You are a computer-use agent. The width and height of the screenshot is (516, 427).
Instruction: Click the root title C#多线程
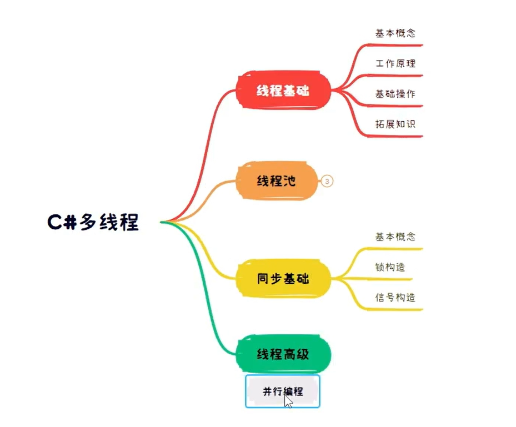93,222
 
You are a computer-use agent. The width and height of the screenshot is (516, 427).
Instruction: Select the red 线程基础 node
283,91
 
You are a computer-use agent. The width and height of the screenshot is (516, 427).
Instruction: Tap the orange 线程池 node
276,180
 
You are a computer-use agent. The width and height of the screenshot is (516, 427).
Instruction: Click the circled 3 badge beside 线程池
327,181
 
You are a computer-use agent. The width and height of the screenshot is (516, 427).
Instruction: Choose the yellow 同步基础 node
283,278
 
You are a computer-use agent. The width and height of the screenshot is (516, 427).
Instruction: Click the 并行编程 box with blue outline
283,391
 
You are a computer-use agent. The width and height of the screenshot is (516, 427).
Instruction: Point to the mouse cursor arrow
288,401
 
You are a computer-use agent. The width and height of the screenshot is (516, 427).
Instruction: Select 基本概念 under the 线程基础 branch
395,33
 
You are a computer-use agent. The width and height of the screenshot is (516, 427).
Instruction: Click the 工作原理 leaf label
395,63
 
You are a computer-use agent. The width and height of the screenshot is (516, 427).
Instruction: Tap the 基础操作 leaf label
395,94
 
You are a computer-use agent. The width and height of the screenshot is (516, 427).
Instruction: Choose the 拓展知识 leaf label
395,124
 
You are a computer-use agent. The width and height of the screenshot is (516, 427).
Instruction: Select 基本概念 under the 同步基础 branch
395,237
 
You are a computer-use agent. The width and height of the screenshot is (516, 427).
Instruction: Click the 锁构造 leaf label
390,267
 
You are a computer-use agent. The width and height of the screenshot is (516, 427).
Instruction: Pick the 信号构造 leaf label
395,298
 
